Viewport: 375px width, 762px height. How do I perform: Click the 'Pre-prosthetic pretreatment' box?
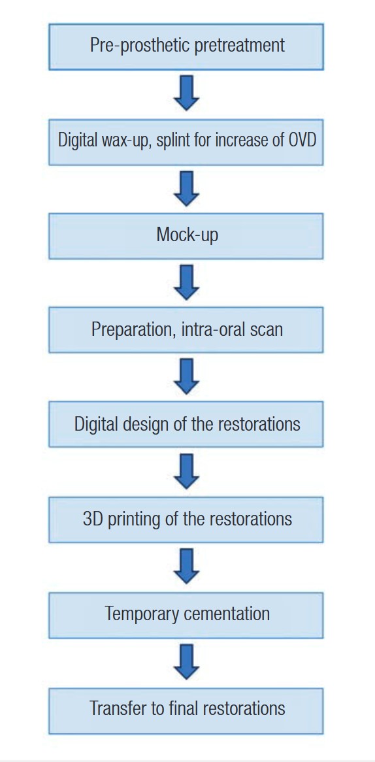pos(186,46)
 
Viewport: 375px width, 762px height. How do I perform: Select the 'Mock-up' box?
pos(186,236)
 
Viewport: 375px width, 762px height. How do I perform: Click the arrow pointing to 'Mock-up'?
pos(187,189)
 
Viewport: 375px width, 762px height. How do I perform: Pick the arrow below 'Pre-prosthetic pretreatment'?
pos(187,93)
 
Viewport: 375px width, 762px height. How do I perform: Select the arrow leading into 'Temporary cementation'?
pos(187,567)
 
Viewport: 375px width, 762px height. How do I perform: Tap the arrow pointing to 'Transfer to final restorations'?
pos(187,662)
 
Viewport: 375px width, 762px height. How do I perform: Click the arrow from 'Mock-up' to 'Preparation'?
pos(187,282)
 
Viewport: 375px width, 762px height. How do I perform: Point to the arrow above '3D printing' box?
pos(187,472)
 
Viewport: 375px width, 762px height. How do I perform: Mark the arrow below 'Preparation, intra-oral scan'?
pos(187,376)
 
